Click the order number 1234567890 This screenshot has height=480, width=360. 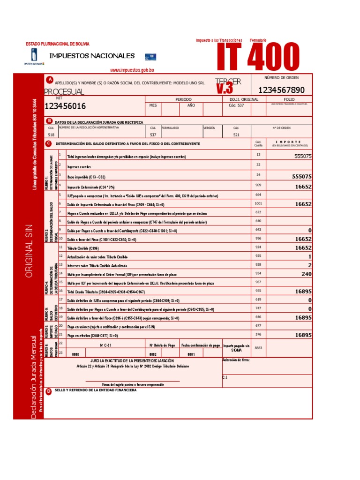click(281, 90)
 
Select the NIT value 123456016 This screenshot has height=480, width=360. click(65, 106)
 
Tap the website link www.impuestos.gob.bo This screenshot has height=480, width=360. click(132, 70)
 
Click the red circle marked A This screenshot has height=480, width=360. click(49, 79)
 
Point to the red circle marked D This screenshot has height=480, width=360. click(49, 391)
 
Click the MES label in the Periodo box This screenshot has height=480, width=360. click(153, 105)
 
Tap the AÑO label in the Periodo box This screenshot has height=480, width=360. click(191, 105)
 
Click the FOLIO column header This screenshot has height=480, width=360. click(289, 99)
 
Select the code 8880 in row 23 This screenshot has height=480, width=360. click(75, 354)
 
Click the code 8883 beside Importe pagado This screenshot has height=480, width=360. click(258, 348)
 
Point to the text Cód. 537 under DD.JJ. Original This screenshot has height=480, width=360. click(236, 105)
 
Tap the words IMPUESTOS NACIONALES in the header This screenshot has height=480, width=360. click(95, 56)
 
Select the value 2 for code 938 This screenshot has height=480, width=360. click(309, 265)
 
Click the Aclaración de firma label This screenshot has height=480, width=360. click(236, 360)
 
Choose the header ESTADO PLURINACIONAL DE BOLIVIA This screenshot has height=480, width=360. click(57, 44)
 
